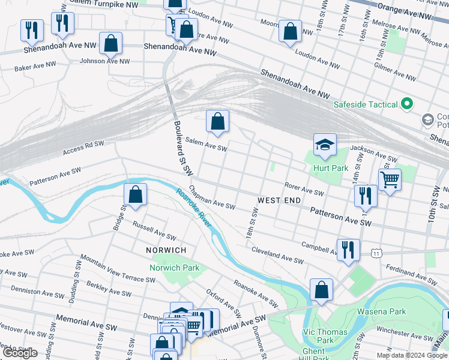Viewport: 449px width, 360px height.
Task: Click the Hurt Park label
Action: click(x=331, y=169)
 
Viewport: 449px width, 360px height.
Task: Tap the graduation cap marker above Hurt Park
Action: click(x=325, y=145)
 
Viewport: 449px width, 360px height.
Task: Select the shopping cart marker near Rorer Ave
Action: click(x=390, y=179)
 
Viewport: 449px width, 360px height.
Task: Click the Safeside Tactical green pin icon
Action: click(x=407, y=104)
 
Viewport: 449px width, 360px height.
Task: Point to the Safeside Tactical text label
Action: click(x=366, y=104)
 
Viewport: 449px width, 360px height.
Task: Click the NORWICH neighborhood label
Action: click(x=166, y=250)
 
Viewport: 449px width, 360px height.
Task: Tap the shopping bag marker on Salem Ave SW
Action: click(x=217, y=122)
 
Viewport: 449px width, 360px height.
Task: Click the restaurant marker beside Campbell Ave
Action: click(x=348, y=250)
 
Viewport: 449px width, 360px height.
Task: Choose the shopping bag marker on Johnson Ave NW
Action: click(x=111, y=43)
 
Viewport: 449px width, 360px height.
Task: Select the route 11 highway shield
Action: click(x=376, y=253)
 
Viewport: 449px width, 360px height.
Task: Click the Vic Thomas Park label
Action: click(x=325, y=336)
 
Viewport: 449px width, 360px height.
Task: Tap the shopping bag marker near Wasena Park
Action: click(x=322, y=290)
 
